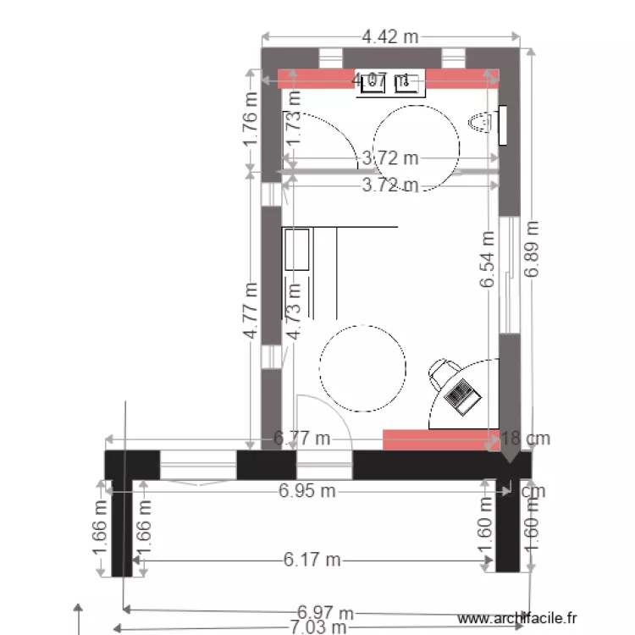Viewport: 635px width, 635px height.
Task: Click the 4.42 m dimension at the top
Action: pos(389,36)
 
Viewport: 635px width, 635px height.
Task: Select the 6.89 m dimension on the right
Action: pos(531,249)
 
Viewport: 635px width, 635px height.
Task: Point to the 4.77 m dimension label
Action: pos(251,311)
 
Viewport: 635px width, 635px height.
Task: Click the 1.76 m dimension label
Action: pos(251,118)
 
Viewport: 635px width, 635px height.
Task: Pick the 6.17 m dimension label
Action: pos(312,560)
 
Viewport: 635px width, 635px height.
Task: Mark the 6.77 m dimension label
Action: pos(301,439)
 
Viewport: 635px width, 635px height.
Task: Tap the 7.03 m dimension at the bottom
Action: pos(317,627)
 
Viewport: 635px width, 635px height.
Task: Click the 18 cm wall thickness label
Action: pos(525,439)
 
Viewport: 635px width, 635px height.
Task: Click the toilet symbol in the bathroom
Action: pos(480,124)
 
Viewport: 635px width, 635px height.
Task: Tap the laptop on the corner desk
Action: pos(461,394)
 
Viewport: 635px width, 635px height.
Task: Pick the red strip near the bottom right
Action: pos(440,439)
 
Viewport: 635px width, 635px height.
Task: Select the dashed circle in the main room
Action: pos(362,368)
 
